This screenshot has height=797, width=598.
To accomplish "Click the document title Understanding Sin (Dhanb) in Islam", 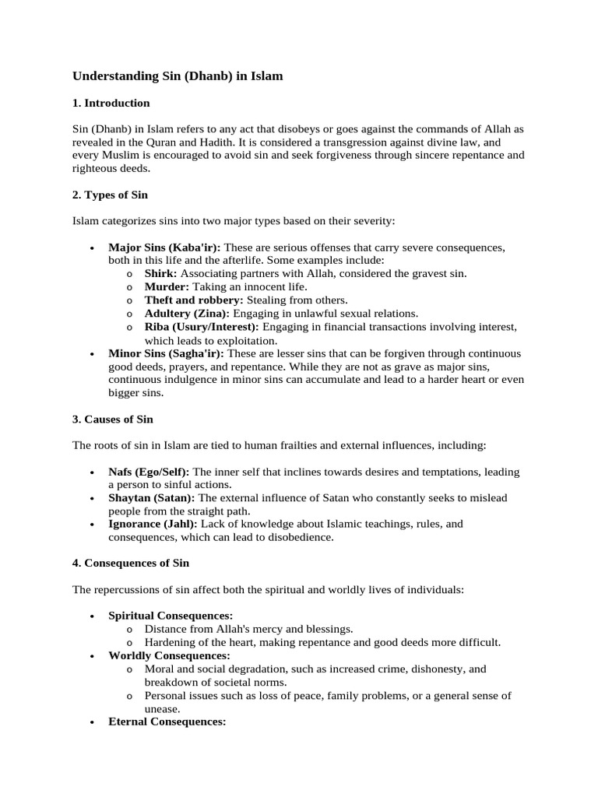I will click(178, 76).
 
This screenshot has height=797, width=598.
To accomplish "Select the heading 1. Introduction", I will click(111, 103).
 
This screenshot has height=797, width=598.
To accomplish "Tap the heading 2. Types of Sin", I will click(110, 195).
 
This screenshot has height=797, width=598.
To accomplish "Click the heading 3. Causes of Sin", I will click(113, 419).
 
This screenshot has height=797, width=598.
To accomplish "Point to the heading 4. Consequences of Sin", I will click(131, 562).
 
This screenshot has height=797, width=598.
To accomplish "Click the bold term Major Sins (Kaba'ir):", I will click(164, 248).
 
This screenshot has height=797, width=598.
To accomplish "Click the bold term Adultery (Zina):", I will click(187, 313).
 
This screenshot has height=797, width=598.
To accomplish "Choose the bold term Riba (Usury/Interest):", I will click(202, 326).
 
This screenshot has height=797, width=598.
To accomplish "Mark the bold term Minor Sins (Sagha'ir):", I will click(167, 353).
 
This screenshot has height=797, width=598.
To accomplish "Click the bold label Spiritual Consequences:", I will click(171, 616).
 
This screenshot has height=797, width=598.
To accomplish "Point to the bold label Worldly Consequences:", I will click(169, 655).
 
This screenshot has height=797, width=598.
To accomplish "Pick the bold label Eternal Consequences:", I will click(167, 722).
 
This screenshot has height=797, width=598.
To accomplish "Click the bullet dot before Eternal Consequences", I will click(92, 722).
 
